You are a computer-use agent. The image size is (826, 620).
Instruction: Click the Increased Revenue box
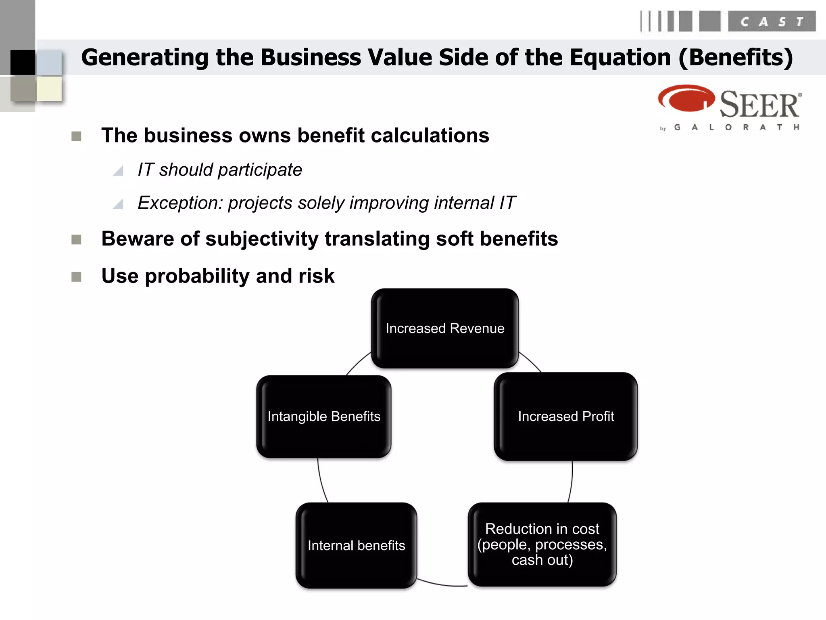coord(444,328)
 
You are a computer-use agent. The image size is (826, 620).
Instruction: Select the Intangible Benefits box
coord(323,416)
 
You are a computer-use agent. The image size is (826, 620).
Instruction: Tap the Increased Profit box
coord(565,416)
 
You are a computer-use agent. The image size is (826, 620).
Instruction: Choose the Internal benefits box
coord(356,545)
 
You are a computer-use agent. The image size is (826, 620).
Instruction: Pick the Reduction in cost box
coord(542,544)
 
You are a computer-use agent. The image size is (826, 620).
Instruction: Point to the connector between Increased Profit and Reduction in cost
coord(571,482)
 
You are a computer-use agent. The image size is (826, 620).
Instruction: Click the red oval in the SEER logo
coord(685,98)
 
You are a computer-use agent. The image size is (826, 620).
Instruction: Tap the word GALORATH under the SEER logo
coord(736,127)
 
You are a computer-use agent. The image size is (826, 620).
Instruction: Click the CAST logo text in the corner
coord(772,21)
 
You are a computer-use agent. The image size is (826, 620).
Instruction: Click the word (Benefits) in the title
coord(736,57)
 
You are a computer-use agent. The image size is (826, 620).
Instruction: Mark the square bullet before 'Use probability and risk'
coord(76,277)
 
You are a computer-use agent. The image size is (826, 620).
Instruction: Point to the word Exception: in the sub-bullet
coord(180,203)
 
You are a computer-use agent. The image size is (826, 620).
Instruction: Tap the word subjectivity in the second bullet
coord(262,239)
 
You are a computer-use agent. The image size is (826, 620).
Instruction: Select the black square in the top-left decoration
coord(23,62)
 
